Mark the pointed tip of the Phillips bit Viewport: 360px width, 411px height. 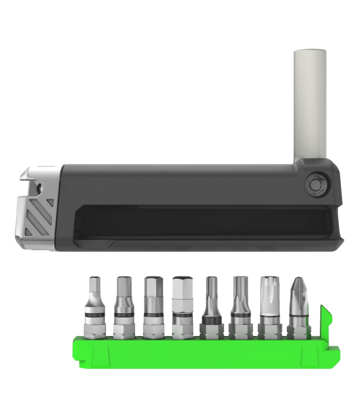(x=297, y=279)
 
